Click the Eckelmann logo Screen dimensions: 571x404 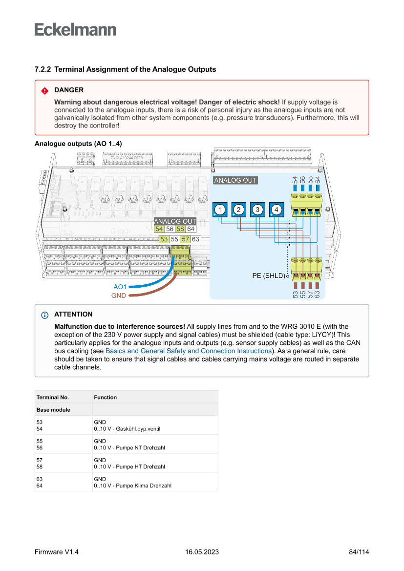click(75, 29)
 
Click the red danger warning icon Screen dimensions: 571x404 click(44, 90)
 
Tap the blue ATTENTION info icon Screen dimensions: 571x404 click(44, 315)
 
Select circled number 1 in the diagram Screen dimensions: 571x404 click(220, 210)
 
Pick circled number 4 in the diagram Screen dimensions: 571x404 click(277, 210)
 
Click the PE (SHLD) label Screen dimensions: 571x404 click(268, 276)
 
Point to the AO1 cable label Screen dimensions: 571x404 click(120, 287)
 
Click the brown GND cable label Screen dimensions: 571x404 click(119, 296)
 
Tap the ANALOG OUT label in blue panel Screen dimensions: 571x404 click(235, 180)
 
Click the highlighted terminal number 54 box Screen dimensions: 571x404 click(159, 229)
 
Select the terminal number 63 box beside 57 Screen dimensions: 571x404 click(195, 239)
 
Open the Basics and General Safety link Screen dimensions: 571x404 click(189, 351)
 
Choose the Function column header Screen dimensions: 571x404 click(106, 397)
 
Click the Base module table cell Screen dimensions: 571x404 click(53, 410)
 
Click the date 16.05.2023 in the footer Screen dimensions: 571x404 click(202, 552)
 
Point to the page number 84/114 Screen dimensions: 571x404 click(359, 552)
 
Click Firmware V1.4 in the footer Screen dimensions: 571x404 click(57, 552)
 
